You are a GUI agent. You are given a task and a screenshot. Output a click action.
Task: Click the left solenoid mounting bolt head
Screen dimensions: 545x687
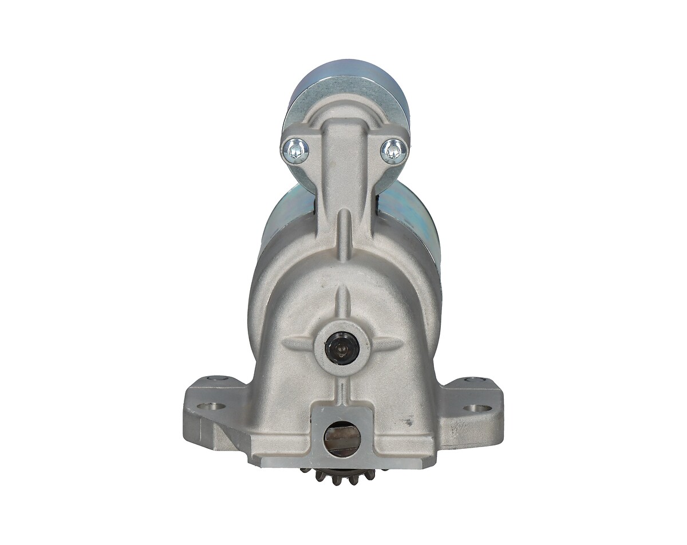[296, 151]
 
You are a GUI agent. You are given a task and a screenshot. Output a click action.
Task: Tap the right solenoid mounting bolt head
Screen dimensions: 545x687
[394, 151]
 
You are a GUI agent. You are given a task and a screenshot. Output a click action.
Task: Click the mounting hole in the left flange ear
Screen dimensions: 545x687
[215, 408]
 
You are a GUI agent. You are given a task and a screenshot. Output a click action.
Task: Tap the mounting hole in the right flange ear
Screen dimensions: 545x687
[472, 408]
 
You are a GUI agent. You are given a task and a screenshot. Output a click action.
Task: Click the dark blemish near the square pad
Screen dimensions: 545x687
[407, 422]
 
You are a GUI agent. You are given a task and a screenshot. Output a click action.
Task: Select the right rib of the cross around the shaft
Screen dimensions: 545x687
[385, 343]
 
